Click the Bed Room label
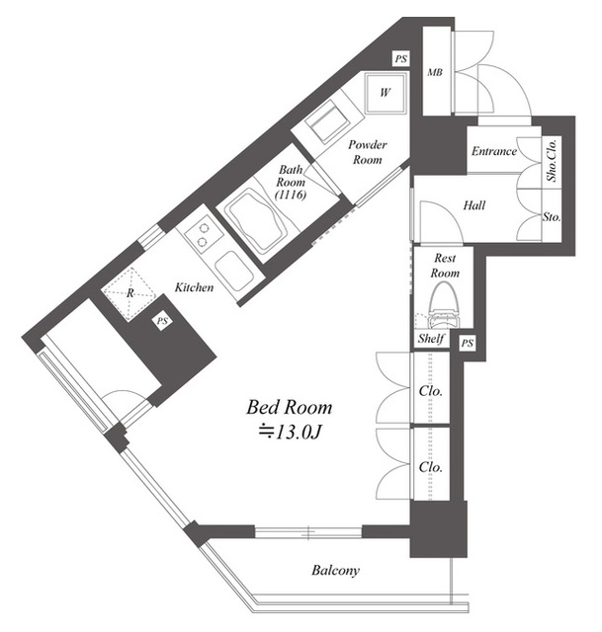(290, 407)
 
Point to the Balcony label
(335, 571)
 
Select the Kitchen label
(194, 287)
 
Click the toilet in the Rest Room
(444, 306)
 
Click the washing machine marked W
(385, 93)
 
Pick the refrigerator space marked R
(129, 293)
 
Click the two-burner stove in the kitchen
(203, 235)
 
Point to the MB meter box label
(435, 72)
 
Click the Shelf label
(431, 339)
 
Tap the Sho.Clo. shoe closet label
(552, 160)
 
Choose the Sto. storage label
(552, 217)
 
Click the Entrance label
(494, 151)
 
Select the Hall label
(474, 205)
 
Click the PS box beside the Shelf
(467, 344)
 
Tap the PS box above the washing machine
(401, 59)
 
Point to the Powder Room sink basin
(327, 121)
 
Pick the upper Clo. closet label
(431, 391)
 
